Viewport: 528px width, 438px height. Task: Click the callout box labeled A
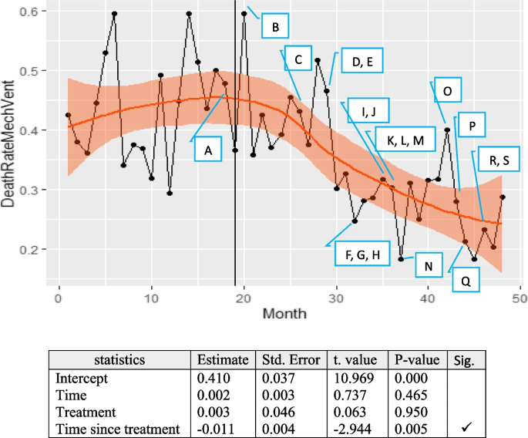[207, 152]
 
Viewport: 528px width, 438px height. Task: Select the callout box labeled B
[275, 29]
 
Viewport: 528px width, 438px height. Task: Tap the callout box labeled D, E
[357, 62]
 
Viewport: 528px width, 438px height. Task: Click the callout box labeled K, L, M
[405, 140]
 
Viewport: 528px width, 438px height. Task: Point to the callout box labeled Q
[466, 281]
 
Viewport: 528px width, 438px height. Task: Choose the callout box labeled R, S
[499, 160]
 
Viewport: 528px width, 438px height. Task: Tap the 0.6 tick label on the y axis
[36, 12]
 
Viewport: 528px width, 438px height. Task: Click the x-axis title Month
[285, 314]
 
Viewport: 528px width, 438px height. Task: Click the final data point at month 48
[502, 197]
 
